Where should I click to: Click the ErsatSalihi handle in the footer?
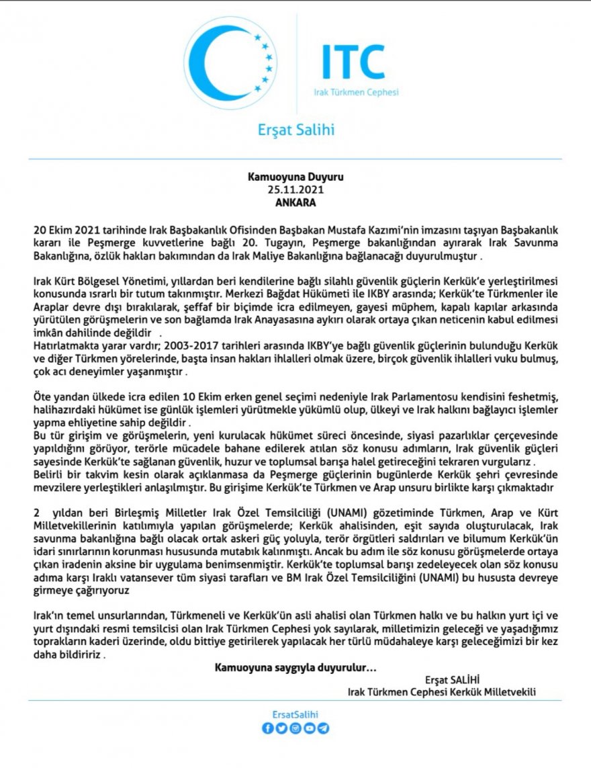[x=295, y=714]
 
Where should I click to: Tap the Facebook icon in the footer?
[x=267, y=728]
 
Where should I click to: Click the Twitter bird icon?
[x=281, y=728]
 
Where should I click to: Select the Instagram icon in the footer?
[x=295, y=728]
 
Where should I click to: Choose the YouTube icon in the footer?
[x=310, y=728]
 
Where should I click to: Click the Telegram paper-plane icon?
[x=324, y=728]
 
